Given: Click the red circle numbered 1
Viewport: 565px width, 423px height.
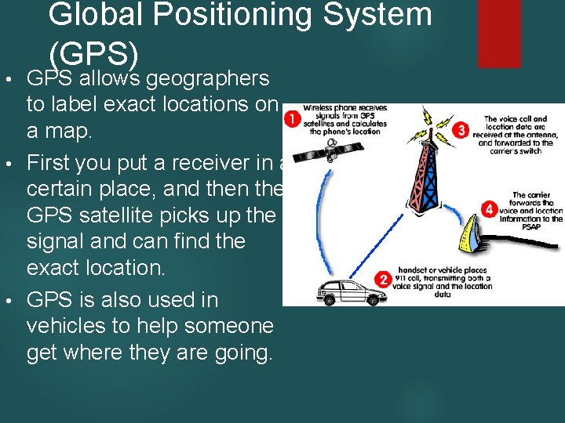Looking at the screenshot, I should click(x=292, y=119).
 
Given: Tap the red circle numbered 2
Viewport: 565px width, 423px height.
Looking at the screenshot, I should click(x=383, y=279).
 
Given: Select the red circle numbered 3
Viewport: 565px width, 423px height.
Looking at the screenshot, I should click(x=464, y=130).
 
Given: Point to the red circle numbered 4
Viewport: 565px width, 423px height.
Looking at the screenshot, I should click(x=489, y=209).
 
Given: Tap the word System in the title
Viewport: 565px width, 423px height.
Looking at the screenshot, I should click(x=377, y=15).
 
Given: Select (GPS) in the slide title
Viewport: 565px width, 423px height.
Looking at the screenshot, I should click(x=93, y=53).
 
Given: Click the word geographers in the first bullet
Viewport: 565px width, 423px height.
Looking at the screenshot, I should click(x=208, y=78).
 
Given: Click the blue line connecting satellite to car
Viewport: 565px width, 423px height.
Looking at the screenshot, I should click(x=306, y=227).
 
